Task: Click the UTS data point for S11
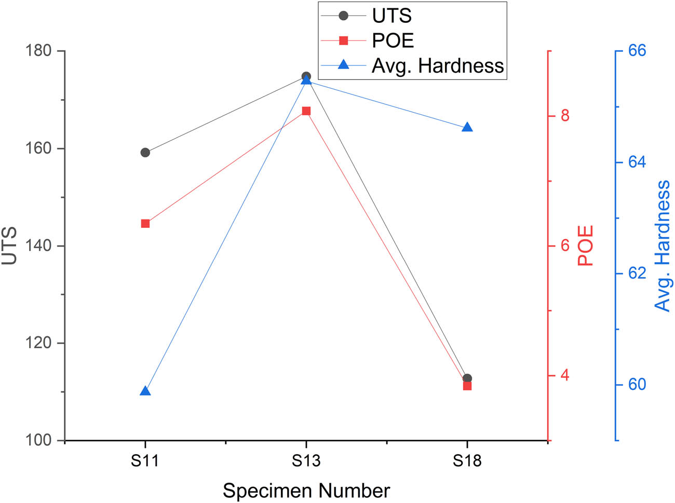coord(145,153)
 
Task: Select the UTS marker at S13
coord(306,76)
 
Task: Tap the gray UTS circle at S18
coord(467,378)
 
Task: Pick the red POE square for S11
coord(145,224)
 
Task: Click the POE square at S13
coord(306,111)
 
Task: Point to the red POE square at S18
coord(467,386)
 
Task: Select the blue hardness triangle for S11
coord(145,391)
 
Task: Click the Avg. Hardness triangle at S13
coord(306,80)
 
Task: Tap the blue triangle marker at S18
coord(467,128)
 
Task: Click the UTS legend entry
coord(392,16)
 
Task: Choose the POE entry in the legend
coord(393,40)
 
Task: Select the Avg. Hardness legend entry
coord(437,65)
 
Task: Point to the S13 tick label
coord(306,460)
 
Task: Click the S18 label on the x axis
coord(467,460)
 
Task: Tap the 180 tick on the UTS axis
coord(39,51)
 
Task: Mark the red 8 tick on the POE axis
coord(565,115)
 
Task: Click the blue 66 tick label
coord(637,51)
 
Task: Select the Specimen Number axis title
coord(306,491)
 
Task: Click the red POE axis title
coord(586,246)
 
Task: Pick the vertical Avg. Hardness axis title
coord(663,246)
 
